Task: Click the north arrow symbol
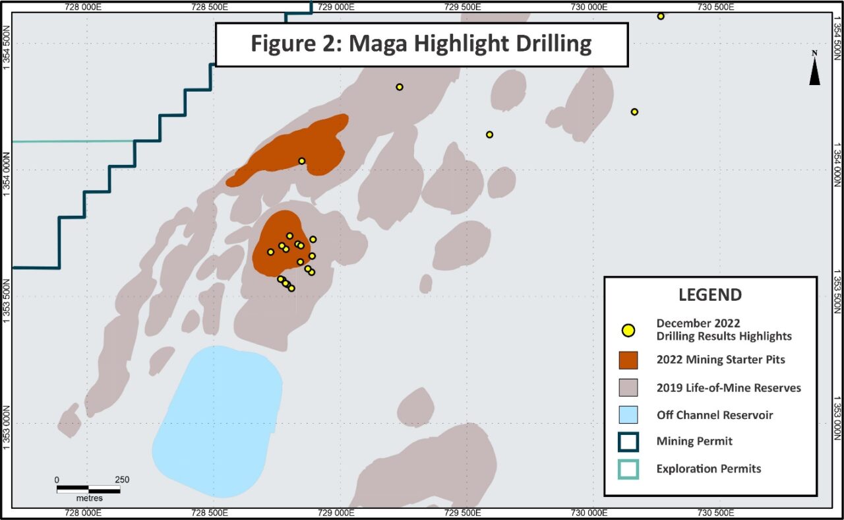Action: tap(814, 69)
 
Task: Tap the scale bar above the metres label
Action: tap(88, 490)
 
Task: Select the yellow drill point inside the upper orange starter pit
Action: tap(301, 161)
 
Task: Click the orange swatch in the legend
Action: tap(628, 360)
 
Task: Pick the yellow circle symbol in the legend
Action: tap(628, 330)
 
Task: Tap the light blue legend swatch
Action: tap(628, 415)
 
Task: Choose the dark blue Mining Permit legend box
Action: tap(628, 441)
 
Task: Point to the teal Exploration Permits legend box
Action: tap(628, 469)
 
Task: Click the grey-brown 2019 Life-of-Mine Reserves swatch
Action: tap(628, 387)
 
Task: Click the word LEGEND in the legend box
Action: tap(710, 295)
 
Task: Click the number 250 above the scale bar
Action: tap(121, 480)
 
